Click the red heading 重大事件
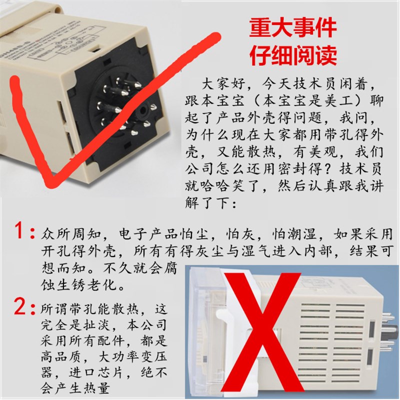click(x=293, y=28)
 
